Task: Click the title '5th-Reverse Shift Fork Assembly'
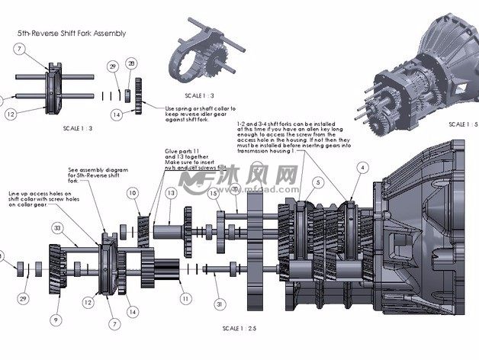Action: (x=71, y=34)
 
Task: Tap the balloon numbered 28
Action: (x=131, y=63)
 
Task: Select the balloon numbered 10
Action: (x=133, y=194)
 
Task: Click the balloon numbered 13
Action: (x=171, y=194)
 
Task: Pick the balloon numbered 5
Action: (x=316, y=183)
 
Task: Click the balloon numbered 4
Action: (x=362, y=167)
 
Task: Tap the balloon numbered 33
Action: (x=57, y=228)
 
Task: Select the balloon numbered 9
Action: (x=56, y=319)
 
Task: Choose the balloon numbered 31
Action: (x=220, y=304)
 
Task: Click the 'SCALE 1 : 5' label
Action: (x=459, y=124)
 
